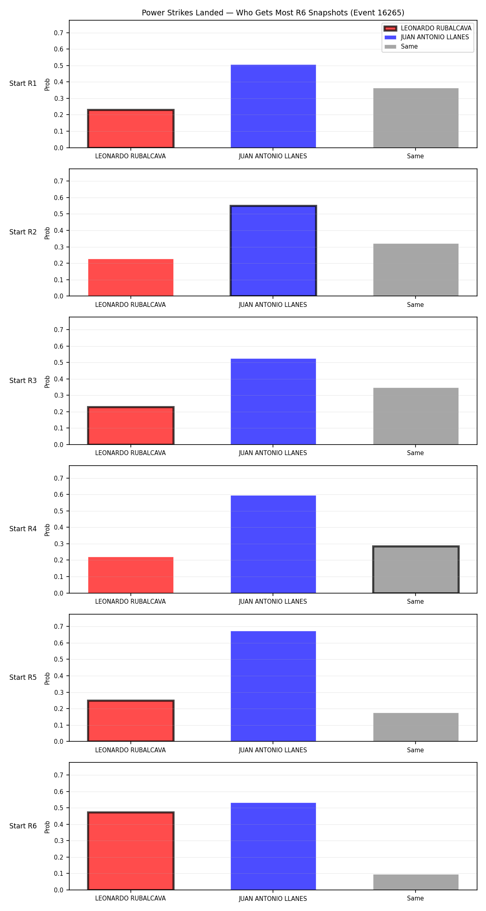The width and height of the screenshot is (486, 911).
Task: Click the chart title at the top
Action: [x=273, y=13]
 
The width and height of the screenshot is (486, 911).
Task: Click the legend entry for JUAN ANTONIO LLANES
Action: [x=428, y=37]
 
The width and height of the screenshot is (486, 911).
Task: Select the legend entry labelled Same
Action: [x=401, y=47]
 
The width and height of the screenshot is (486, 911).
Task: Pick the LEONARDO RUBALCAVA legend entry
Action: [x=428, y=28]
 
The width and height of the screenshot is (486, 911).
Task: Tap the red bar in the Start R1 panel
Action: [x=131, y=129]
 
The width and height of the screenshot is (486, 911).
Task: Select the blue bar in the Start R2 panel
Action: [x=273, y=251]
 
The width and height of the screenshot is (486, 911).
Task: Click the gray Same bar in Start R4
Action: [x=416, y=570]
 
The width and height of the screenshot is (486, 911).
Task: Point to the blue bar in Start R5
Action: [x=273, y=686]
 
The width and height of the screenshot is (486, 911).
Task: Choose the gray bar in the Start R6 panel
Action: [x=416, y=882]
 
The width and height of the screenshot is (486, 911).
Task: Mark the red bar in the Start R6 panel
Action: [x=131, y=851]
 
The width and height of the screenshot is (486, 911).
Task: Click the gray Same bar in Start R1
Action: [x=416, y=118]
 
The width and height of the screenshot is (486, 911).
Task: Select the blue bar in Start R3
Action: [x=273, y=402]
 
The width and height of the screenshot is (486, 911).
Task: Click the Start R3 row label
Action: [x=23, y=381]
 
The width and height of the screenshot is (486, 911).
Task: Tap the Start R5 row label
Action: [x=23, y=677]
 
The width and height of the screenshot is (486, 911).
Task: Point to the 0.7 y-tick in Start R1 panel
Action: [x=59, y=33]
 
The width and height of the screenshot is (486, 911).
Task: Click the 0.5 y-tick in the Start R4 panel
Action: [x=59, y=511]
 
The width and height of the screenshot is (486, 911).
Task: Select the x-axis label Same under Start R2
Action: [x=416, y=305]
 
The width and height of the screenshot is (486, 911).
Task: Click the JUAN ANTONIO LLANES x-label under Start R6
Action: [x=273, y=898]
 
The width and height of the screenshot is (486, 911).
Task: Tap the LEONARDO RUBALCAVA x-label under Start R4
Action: [x=130, y=602]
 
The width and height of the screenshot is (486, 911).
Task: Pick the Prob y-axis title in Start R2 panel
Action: [x=47, y=233]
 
